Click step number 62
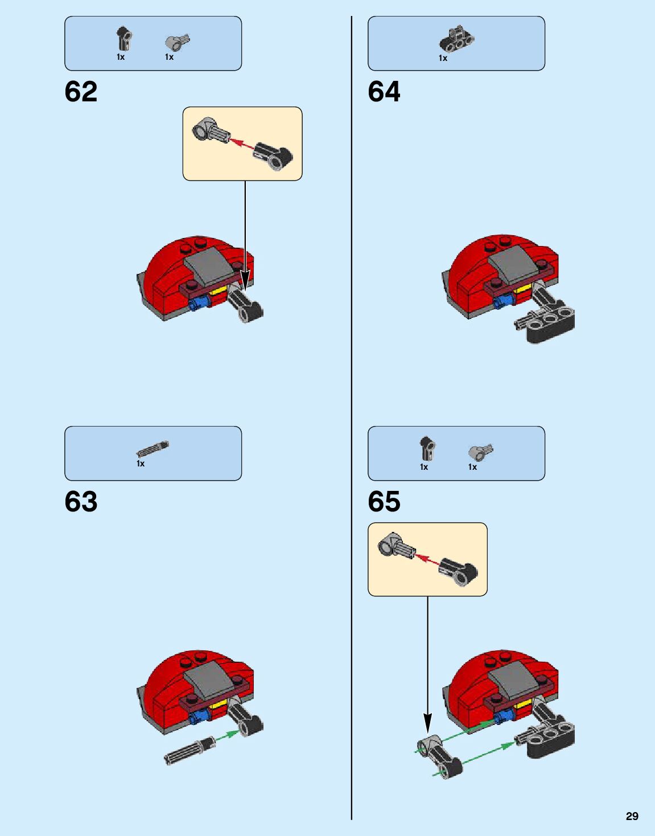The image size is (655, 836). [x=81, y=92]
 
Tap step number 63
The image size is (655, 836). [x=81, y=502]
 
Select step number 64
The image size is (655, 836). [x=384, y=92]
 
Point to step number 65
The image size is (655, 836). [x=384, y=502]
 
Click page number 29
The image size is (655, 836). [x=632, y=816]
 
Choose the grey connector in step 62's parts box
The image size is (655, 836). [x=177, y=42]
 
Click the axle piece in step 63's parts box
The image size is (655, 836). [x=153, y=449]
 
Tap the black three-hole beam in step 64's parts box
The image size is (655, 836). [x=456, y=38]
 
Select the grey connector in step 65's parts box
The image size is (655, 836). [x=480, y=452]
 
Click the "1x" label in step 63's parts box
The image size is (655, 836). [x=141, y=464]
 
